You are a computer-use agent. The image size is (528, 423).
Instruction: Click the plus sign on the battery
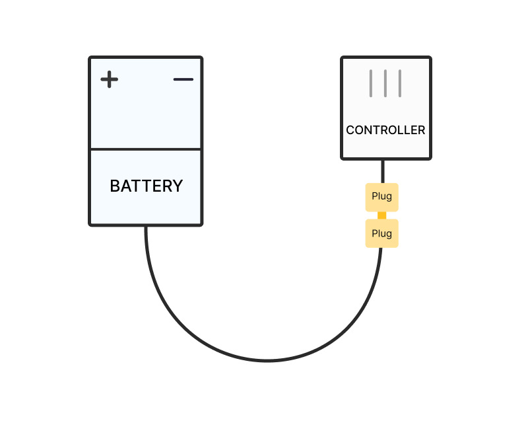(110, 79)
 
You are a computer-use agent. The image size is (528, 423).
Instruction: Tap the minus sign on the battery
(183, 79)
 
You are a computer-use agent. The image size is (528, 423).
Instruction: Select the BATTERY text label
(147, 186)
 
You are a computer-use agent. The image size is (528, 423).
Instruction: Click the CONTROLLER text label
(385, 130)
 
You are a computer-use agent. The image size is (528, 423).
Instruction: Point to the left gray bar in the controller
(371, 83)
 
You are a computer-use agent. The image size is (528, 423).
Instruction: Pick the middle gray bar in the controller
(385, 83)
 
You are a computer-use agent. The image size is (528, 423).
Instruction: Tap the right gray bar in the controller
(400, 83)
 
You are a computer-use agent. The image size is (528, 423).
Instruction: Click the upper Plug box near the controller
(382, 198)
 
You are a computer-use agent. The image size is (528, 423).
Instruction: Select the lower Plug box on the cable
(382, 233)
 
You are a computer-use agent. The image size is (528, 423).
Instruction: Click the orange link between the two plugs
(382, 215)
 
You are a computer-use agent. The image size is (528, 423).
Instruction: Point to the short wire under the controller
(383, 171)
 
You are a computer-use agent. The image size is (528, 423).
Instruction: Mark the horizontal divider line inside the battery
(146, 149)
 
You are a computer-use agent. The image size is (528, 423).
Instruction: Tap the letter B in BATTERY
(115, 186)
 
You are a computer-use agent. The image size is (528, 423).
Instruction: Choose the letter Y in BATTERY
(178, 186)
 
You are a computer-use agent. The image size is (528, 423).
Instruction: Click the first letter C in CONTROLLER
(350, 130)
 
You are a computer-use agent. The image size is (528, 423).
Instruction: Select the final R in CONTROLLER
(421, 130)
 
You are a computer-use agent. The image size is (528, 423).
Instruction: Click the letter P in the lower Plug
(374, 233)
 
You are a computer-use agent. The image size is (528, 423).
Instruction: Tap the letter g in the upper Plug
(389, 198)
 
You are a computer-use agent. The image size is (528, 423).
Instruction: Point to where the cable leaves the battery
(146, 226)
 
